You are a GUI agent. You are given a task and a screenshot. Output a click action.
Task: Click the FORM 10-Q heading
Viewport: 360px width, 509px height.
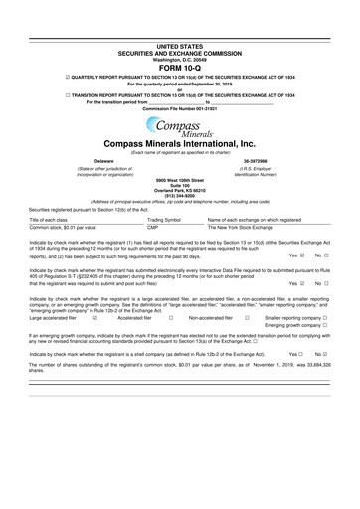(180, 67)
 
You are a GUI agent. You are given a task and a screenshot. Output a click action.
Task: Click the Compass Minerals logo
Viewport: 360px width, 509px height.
(180, 126)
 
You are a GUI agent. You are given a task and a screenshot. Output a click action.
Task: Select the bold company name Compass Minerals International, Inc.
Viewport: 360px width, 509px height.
(180, 143)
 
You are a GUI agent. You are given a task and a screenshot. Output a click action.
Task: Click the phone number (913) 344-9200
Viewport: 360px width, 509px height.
(180, 194)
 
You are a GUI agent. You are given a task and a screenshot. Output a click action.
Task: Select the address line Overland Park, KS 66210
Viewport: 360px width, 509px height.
(180, 188)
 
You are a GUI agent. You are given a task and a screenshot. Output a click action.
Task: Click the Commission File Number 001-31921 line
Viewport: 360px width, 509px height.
(180, 108)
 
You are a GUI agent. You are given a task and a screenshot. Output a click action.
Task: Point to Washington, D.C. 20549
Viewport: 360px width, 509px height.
(180, 59)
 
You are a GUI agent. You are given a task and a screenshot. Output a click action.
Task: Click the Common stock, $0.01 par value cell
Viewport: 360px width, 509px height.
(59, 226)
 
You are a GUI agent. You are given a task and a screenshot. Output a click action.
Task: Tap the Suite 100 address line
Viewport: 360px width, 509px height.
(180, 183)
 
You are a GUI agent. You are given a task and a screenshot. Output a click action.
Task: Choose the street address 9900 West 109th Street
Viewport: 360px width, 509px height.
(180, 177)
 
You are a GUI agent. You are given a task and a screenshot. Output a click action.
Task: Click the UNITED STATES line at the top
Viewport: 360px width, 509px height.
(180, 47)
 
